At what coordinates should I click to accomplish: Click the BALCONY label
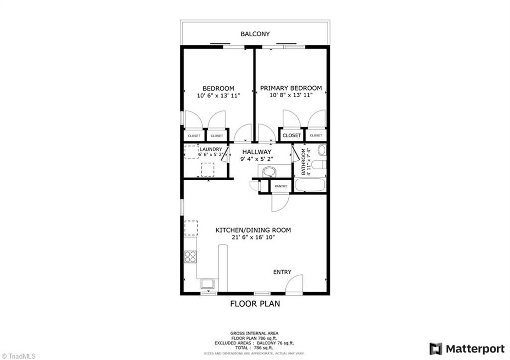(255, 34)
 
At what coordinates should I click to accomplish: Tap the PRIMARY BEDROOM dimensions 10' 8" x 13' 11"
(291, 95)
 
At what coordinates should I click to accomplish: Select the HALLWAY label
(256, 152)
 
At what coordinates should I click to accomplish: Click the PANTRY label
(281, 186)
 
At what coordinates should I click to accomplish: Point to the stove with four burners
(190, 256)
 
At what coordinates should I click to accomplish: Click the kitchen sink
(207, 284)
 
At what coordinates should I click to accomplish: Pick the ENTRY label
(282, 272)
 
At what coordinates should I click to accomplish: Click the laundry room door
(225, 154)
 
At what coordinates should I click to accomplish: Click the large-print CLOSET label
(292, 135)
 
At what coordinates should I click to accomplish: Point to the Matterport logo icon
(436, 348)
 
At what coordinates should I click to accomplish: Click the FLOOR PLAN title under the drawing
(255, 303)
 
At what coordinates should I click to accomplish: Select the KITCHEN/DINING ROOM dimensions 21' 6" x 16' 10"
(253, 238)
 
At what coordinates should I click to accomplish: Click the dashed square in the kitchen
(191, 228)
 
